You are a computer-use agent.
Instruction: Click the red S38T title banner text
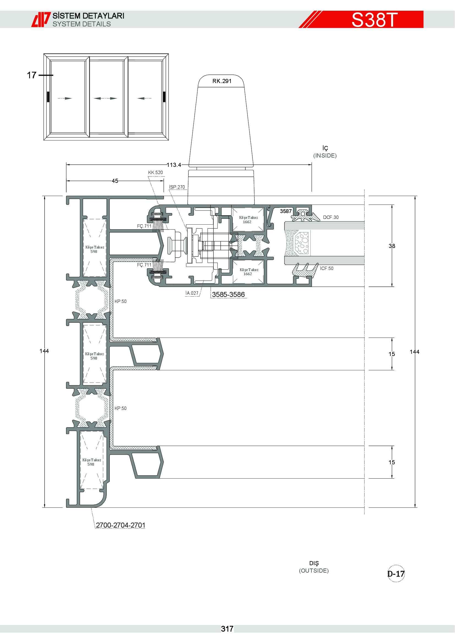[374, 20]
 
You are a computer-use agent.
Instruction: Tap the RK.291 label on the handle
[222, 81]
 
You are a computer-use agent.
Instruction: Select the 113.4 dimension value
[174, 165]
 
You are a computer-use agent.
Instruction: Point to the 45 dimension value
[115, 181]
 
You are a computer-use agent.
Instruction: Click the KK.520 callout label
[155, 173]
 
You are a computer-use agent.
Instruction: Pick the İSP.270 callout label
[177, 187]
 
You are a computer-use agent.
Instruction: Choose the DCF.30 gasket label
[331, 217]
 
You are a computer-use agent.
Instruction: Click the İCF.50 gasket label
[327, 269]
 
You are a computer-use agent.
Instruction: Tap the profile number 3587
[286, 211]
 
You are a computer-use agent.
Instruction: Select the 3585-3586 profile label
[228, 295]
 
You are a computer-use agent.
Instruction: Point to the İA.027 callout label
[192, 293]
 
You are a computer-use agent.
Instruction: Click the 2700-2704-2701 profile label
[120, 525]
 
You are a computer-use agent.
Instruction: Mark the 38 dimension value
[392, 246]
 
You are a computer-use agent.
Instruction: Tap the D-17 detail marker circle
[396, 574]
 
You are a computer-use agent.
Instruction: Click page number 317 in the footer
[227, 629]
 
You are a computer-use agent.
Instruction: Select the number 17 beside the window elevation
[32, 75]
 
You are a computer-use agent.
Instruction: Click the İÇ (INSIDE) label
[325, 152]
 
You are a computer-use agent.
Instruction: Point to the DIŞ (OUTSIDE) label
[314, 567]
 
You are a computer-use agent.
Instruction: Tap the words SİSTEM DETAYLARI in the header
[89, 16]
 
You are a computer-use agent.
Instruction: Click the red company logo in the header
[41, 20]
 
